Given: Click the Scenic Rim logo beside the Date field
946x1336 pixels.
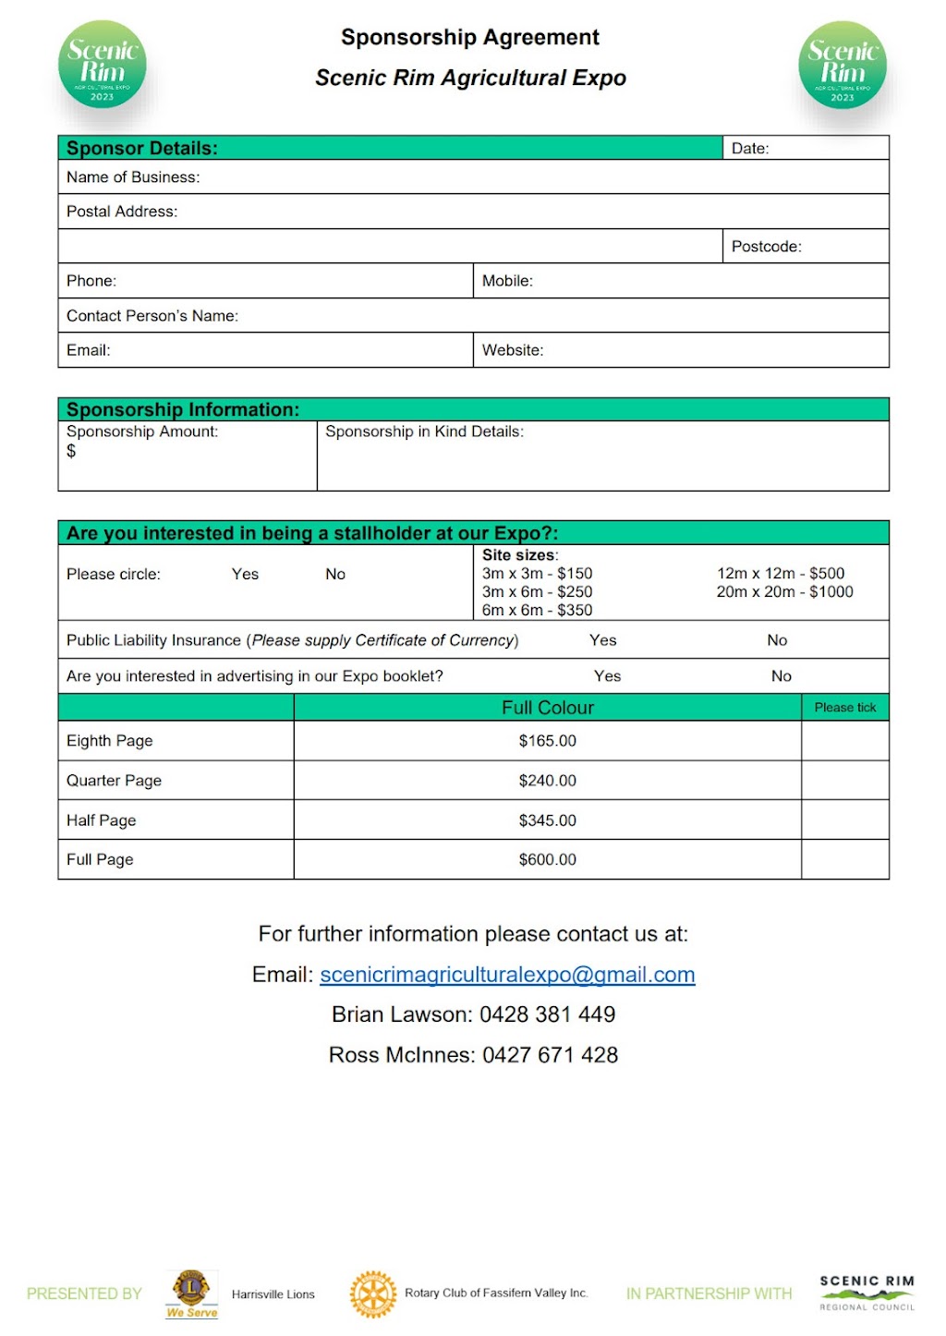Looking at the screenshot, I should coord(842,66).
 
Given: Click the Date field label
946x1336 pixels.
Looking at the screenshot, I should coord(750,148).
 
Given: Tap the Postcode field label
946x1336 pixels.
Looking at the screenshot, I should coord(766,247).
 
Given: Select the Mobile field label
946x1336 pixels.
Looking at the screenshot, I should coord(507,281).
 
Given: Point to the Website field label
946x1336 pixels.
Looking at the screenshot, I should coord(513,350).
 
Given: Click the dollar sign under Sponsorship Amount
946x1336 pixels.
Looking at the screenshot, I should coord(71,451).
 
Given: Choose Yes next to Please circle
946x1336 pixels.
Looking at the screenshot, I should coord(245,574).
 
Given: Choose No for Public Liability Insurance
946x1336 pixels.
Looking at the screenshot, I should coord(777,640).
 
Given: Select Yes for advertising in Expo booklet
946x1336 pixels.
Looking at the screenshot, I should coord(607,676).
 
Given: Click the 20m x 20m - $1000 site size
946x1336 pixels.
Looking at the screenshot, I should coord(784,591).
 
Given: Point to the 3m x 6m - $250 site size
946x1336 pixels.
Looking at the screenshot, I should coord(537,591).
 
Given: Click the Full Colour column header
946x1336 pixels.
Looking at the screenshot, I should coord(547,708).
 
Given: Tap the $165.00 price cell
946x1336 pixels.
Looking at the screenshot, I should coord(547,741).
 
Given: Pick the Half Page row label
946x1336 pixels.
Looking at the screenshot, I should coord(101,820).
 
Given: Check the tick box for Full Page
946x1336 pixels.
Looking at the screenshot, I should coord(844,859).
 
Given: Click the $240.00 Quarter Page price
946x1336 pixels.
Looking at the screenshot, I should coord(547,781).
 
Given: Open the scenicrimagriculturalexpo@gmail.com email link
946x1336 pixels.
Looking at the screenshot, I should coord(507,975).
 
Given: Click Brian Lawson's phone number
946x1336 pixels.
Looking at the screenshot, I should coord(547,1014).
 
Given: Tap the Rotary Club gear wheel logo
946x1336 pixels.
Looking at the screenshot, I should coord(373,1293).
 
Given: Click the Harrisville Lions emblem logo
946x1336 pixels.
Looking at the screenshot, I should coord(191,1291).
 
